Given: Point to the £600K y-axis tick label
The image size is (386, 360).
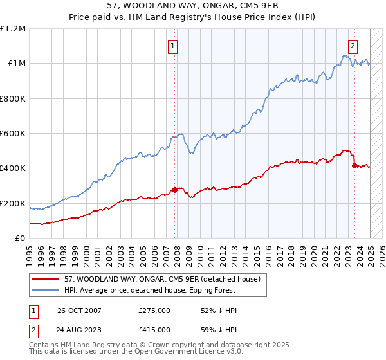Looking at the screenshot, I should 13,134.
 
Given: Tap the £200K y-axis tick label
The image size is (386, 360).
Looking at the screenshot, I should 13,203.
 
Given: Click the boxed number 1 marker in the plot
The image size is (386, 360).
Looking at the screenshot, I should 174,46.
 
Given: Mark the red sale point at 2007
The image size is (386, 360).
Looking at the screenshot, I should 174,190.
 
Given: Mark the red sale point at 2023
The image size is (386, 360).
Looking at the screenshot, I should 354,165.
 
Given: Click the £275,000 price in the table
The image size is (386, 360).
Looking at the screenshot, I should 154,310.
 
